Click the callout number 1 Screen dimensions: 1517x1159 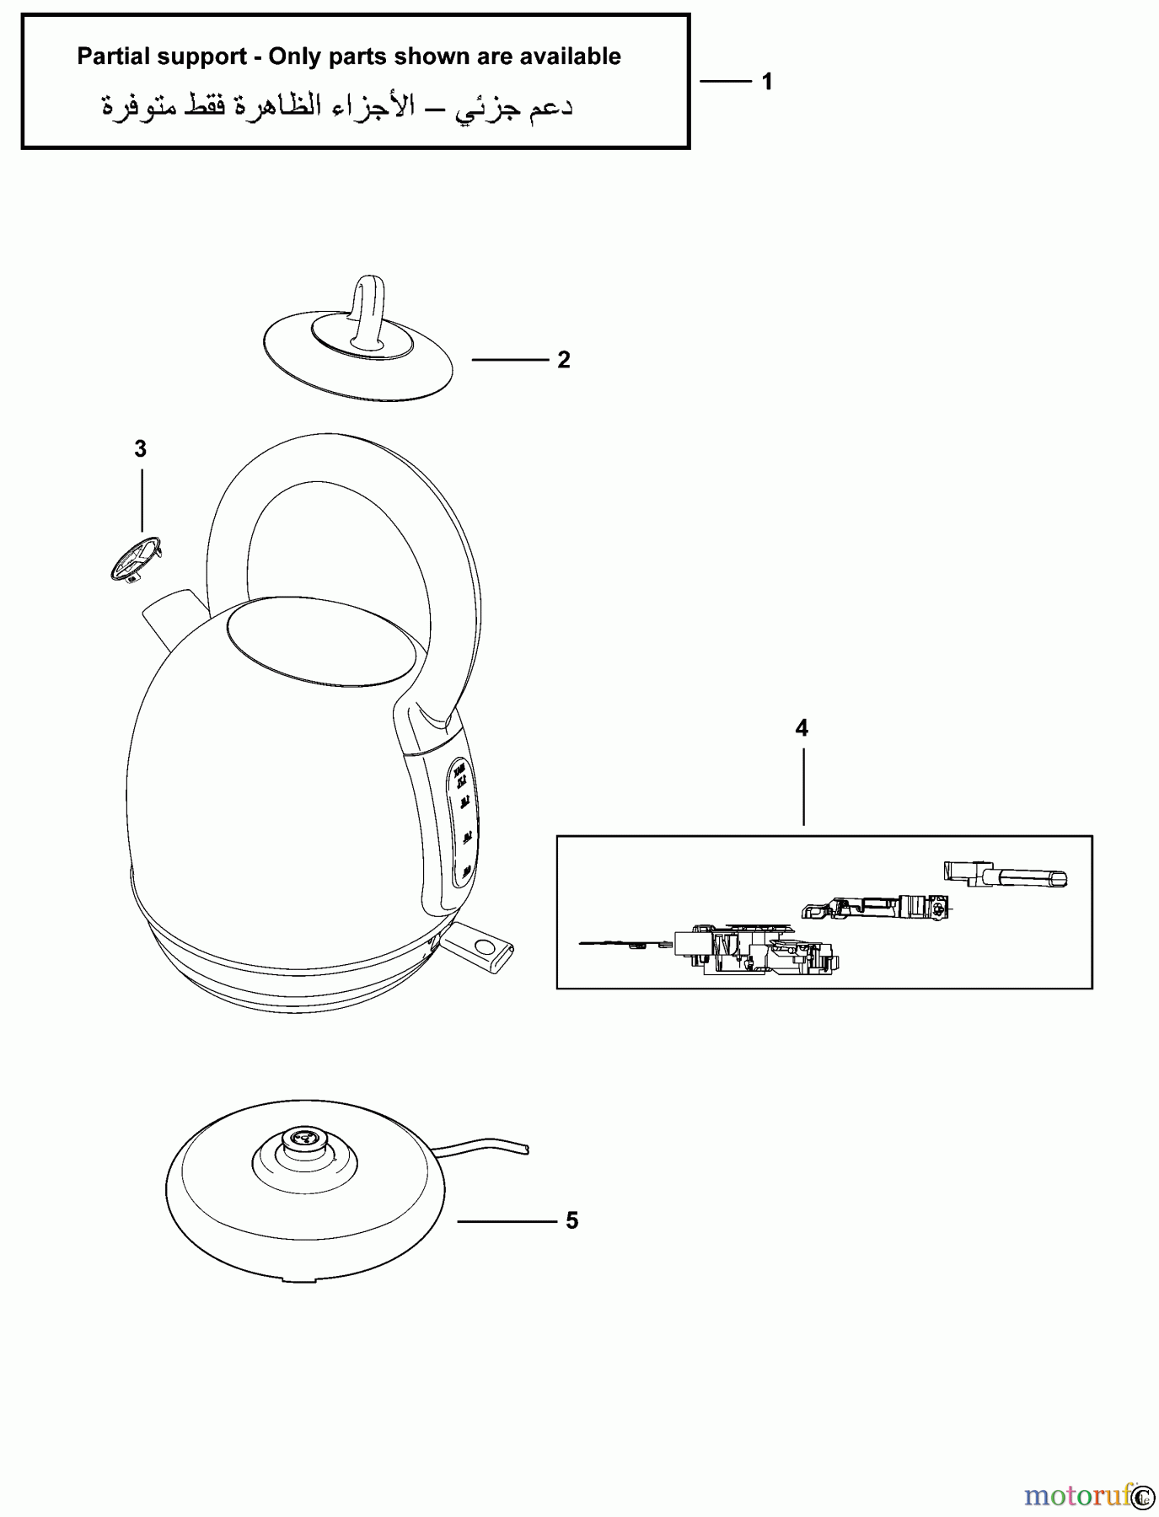767,82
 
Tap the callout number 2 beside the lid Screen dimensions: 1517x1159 564,360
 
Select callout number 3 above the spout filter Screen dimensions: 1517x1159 141,449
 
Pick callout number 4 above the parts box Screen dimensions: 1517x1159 802,728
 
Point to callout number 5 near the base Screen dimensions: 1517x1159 572,1220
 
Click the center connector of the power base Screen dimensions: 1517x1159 303,1140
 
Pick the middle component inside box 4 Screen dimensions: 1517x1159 877,908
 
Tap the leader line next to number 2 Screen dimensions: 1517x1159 510,360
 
